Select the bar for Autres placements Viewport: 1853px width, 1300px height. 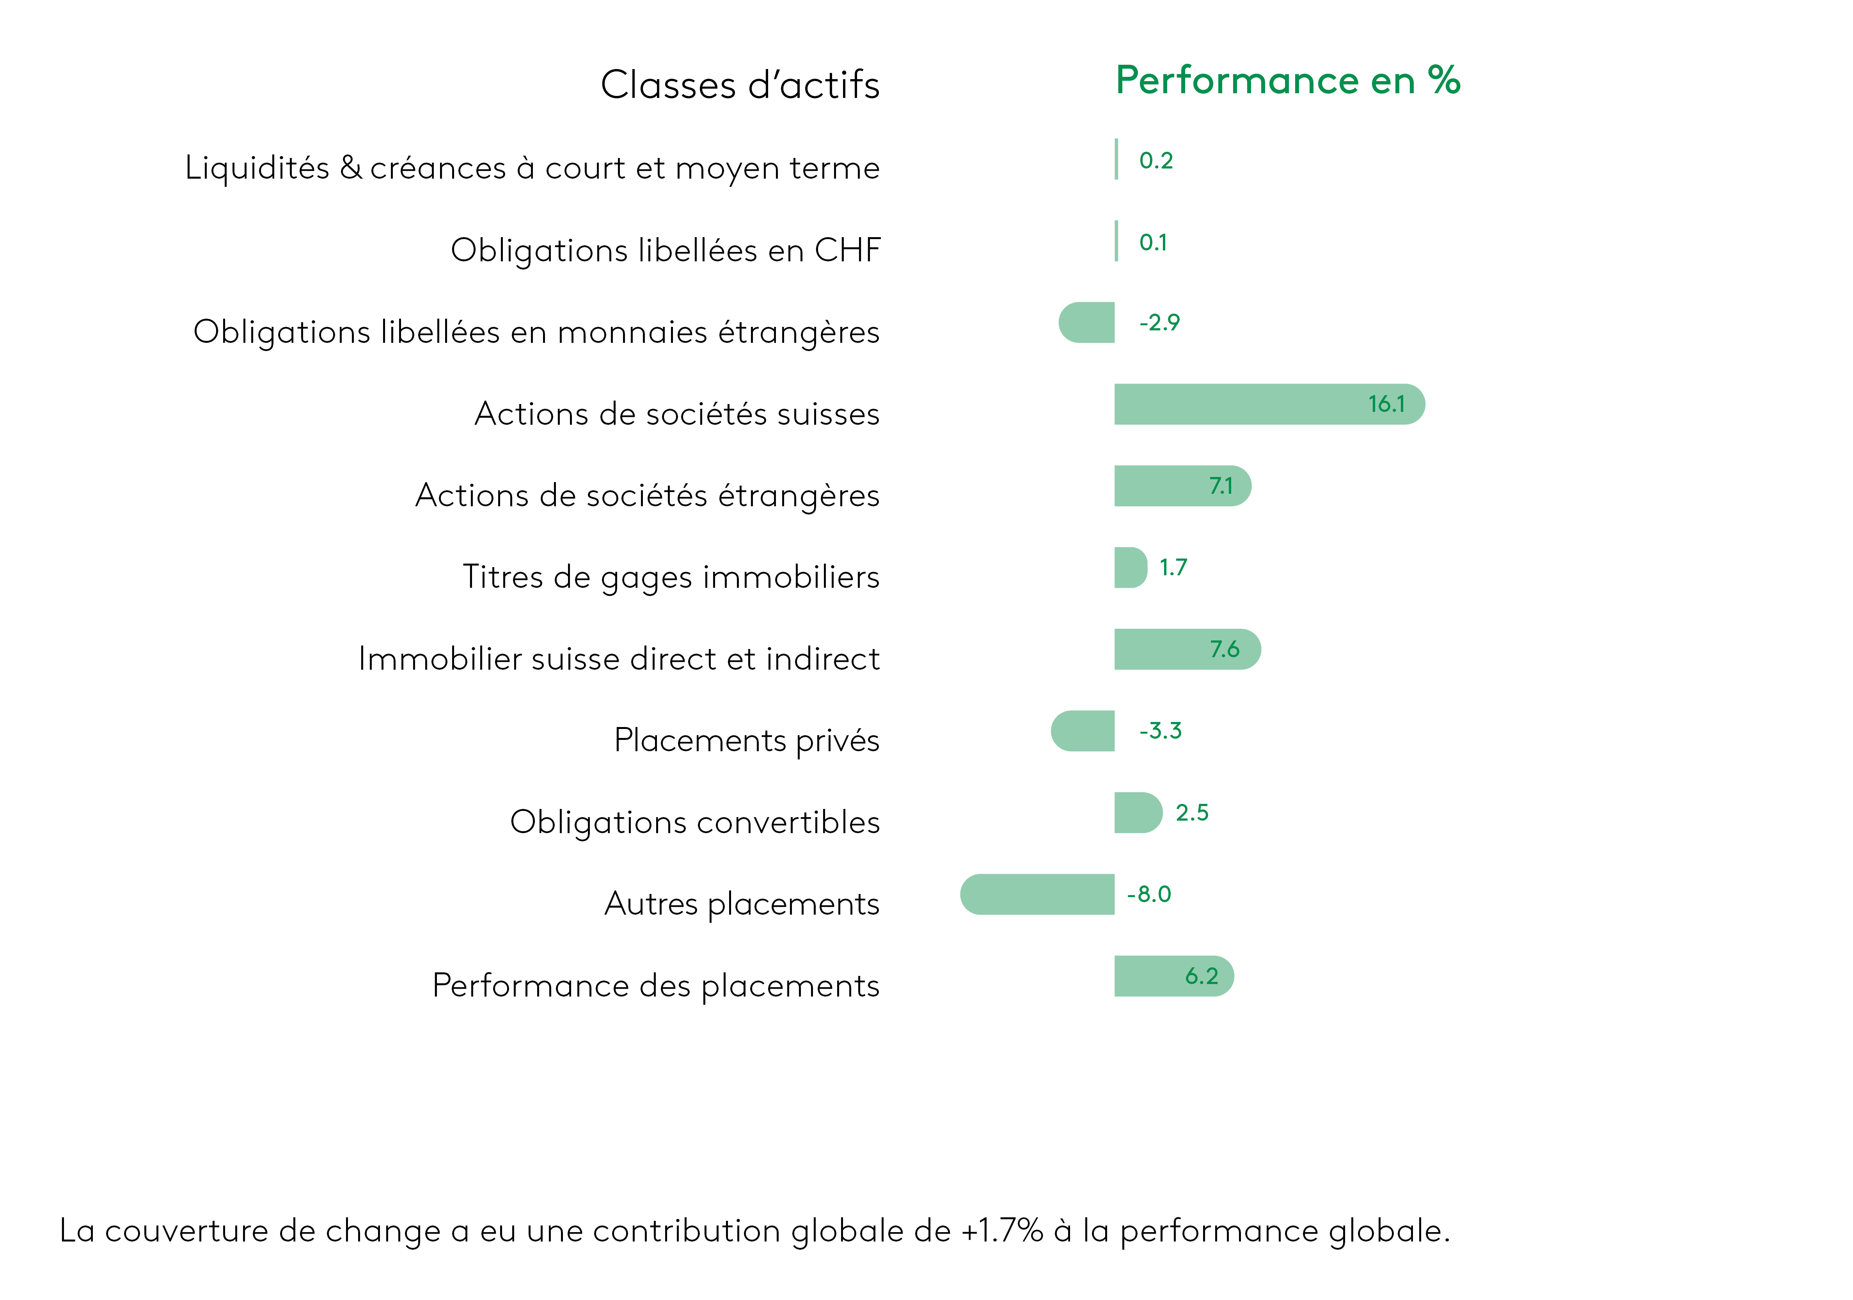click(1037, 894)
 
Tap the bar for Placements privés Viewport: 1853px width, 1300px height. click(1082, 731)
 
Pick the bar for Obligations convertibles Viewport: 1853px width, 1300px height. click(1138, 812)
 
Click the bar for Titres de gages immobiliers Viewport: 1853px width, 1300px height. click(1131, 567)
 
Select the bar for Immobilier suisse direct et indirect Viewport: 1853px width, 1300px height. click(1187, 649)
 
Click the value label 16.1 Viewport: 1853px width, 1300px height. click(1386, 404)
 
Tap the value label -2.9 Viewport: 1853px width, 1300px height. click(1159, 323)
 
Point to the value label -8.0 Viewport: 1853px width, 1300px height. click(1148, 894)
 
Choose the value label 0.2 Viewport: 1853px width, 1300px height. click(1156, 161)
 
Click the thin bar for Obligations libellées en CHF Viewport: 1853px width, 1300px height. click(1116, 241)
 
